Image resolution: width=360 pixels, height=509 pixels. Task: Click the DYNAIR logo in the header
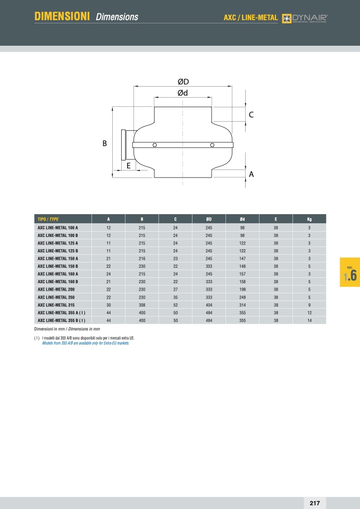305,18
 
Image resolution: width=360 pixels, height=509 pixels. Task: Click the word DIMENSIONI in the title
62,16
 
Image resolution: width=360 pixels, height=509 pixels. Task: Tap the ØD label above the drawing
183,82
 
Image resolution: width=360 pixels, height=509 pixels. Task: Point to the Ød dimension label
182,93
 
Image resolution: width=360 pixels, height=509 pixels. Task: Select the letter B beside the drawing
105,143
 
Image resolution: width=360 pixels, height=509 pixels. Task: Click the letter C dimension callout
251,115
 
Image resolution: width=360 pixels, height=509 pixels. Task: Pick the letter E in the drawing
129,166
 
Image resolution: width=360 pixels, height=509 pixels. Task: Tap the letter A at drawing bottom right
251,174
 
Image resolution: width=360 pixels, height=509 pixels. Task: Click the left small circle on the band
155,145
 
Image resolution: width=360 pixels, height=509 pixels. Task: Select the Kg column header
309,219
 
